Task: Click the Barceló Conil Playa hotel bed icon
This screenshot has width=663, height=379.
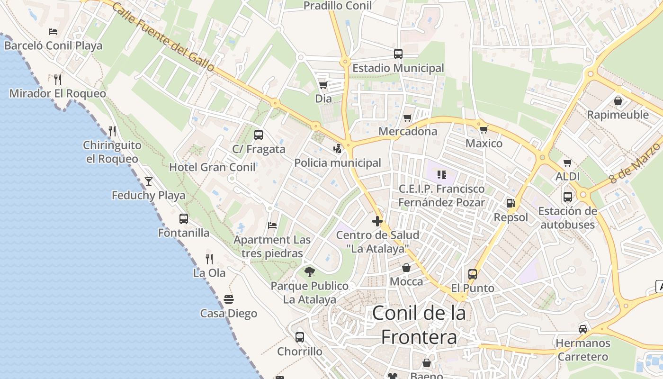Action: pos(53,32)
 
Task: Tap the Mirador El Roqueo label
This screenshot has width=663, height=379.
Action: pos(58,93)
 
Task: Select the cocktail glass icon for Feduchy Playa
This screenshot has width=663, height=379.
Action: pos(149,181)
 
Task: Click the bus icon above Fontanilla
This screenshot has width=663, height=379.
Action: pos(184,218)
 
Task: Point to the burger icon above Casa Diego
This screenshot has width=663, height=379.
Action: pos(229,299)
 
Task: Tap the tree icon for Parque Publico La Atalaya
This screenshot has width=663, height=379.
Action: pos(310,271)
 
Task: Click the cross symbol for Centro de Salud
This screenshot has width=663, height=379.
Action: pos(377,221)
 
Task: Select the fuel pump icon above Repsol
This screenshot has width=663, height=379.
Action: pos(511,203)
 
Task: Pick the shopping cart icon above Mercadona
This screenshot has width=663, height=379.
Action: pos(408,117)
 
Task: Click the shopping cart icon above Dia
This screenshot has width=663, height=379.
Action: pos(323,85)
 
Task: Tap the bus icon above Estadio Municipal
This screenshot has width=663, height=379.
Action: pos(398,54)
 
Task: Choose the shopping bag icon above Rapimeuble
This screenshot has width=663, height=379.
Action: pos(618,100)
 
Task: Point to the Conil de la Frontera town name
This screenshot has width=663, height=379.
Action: pos(419,325)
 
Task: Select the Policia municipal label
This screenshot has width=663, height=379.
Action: pos(338,163)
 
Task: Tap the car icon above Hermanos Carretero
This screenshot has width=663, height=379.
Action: pos(583,329)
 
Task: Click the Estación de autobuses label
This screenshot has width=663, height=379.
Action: pos(567,217)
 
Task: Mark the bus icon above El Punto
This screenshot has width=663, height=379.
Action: pos(473,274)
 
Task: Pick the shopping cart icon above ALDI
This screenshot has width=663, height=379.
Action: pos(568,162)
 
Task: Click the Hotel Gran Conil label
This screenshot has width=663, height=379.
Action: pos(213,167)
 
